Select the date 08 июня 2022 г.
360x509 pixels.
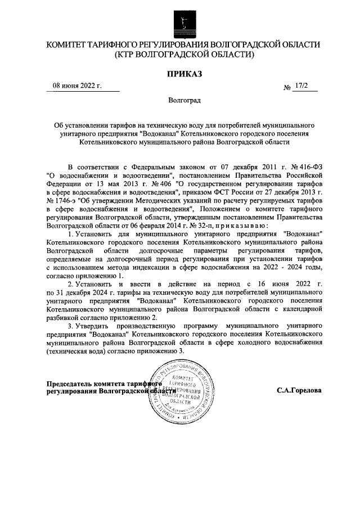point(77,86)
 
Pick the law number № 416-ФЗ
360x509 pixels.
point(304,168)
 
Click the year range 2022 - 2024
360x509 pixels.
point(285,268)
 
